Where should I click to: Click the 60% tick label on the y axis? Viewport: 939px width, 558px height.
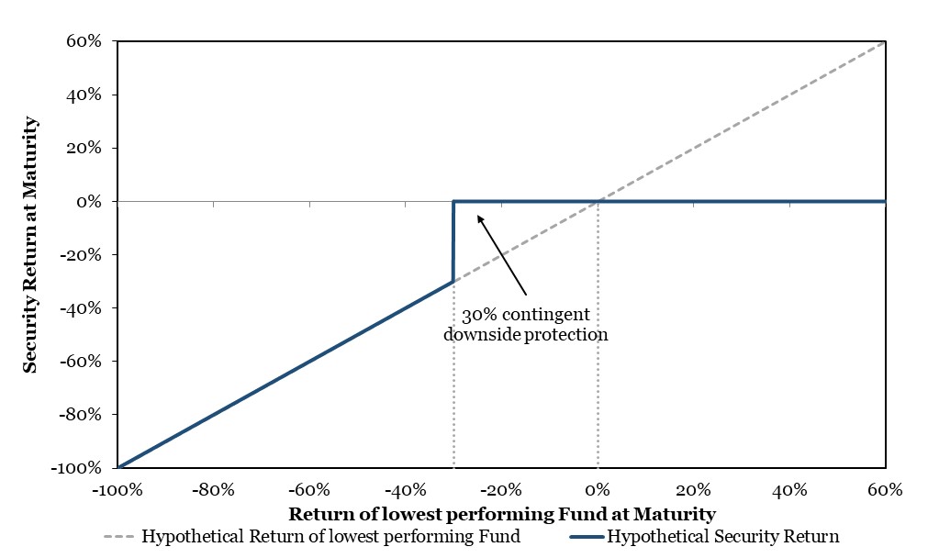coord(84,41)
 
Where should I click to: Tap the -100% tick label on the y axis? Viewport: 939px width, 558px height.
coord(76,467)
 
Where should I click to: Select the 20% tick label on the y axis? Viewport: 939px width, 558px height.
coord(84,148)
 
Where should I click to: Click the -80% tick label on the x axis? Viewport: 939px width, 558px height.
coord(213,490)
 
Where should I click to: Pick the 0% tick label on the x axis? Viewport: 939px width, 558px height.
coord(598,490)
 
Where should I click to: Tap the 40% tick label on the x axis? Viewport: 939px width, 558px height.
coord(789,490)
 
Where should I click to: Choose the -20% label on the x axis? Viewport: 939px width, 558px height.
coord(501,490)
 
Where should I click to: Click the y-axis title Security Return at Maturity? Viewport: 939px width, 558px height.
coord(30,245)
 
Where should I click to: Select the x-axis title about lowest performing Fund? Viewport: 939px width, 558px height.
coord(502,514)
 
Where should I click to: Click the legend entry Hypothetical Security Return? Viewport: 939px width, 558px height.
coord(722,536)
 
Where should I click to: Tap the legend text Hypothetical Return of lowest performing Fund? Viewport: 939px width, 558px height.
coord(330,536)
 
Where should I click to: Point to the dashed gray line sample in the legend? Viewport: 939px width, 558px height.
coord(118,536)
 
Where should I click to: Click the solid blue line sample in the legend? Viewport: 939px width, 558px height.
coord(587,537)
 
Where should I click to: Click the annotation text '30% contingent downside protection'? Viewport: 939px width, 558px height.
coord(526,324)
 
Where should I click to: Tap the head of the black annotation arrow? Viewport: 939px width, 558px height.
coord(478,217)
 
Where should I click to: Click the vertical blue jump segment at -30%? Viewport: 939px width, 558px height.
coord(453,241)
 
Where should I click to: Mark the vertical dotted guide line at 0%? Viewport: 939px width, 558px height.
coord(598,334)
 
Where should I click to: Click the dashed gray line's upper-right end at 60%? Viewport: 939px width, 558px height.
coord(885,42)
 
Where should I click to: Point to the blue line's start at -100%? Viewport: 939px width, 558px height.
coord(118,467)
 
